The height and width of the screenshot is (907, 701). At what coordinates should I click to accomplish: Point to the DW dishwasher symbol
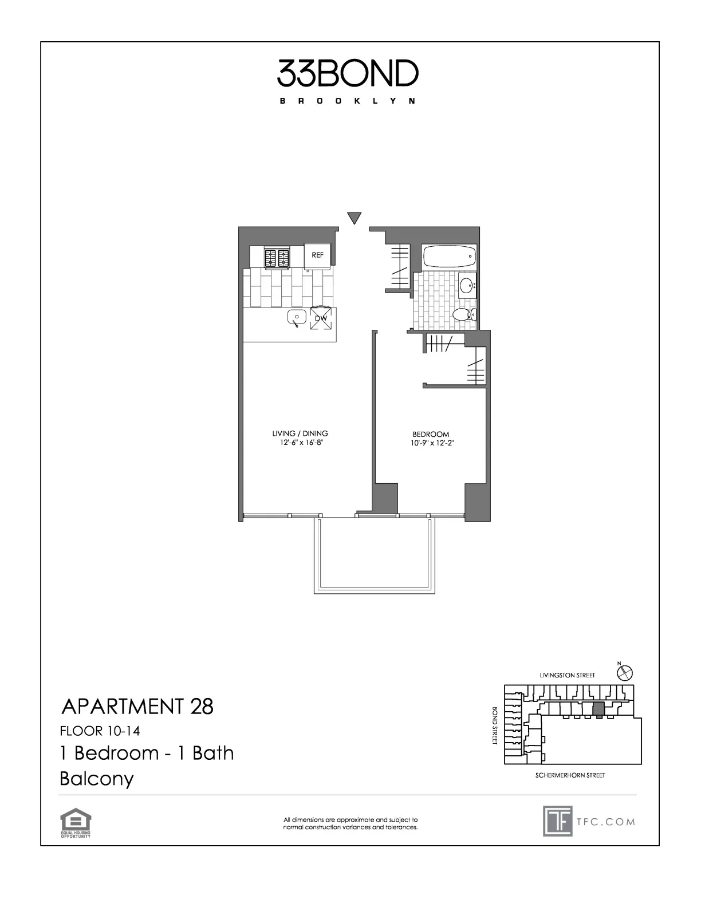tap(321, 318)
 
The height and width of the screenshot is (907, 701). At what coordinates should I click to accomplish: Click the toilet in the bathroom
tap(462, 314)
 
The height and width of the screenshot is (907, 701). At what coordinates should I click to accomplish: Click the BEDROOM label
tap(431, 434)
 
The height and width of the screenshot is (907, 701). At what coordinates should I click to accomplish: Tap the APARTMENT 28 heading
tap(137, 707)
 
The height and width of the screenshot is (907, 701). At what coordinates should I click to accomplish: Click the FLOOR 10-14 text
tap(100, 731)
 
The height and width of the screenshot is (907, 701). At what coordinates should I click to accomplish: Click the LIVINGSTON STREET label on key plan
tap(567, 675)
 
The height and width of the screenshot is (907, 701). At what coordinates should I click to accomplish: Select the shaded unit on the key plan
tap(598, 708)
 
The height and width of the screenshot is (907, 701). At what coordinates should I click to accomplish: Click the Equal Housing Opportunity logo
tap(76, 823)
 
